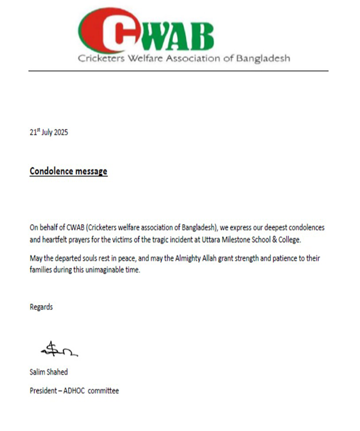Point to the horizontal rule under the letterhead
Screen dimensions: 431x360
(x=179, y=71)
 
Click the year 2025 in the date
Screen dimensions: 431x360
(x=59, y=133)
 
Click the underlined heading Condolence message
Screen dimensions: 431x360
(x=68, y=171)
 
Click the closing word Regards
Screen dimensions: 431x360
(x=41, y=307)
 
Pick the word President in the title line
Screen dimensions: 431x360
(x=44, y=390)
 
